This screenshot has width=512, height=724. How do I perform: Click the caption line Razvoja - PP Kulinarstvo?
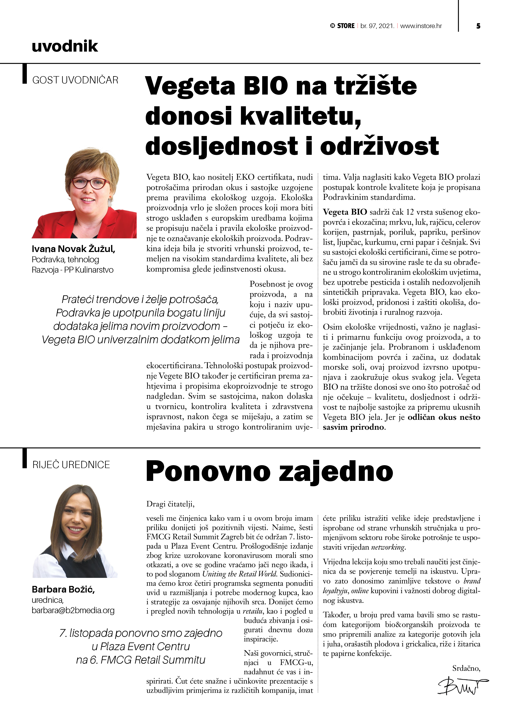pos(72,270)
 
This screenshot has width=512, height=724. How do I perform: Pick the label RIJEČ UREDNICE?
pos(71,465)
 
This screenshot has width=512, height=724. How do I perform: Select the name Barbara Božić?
pos(63,589)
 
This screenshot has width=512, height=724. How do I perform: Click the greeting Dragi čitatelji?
pos(170,504)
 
